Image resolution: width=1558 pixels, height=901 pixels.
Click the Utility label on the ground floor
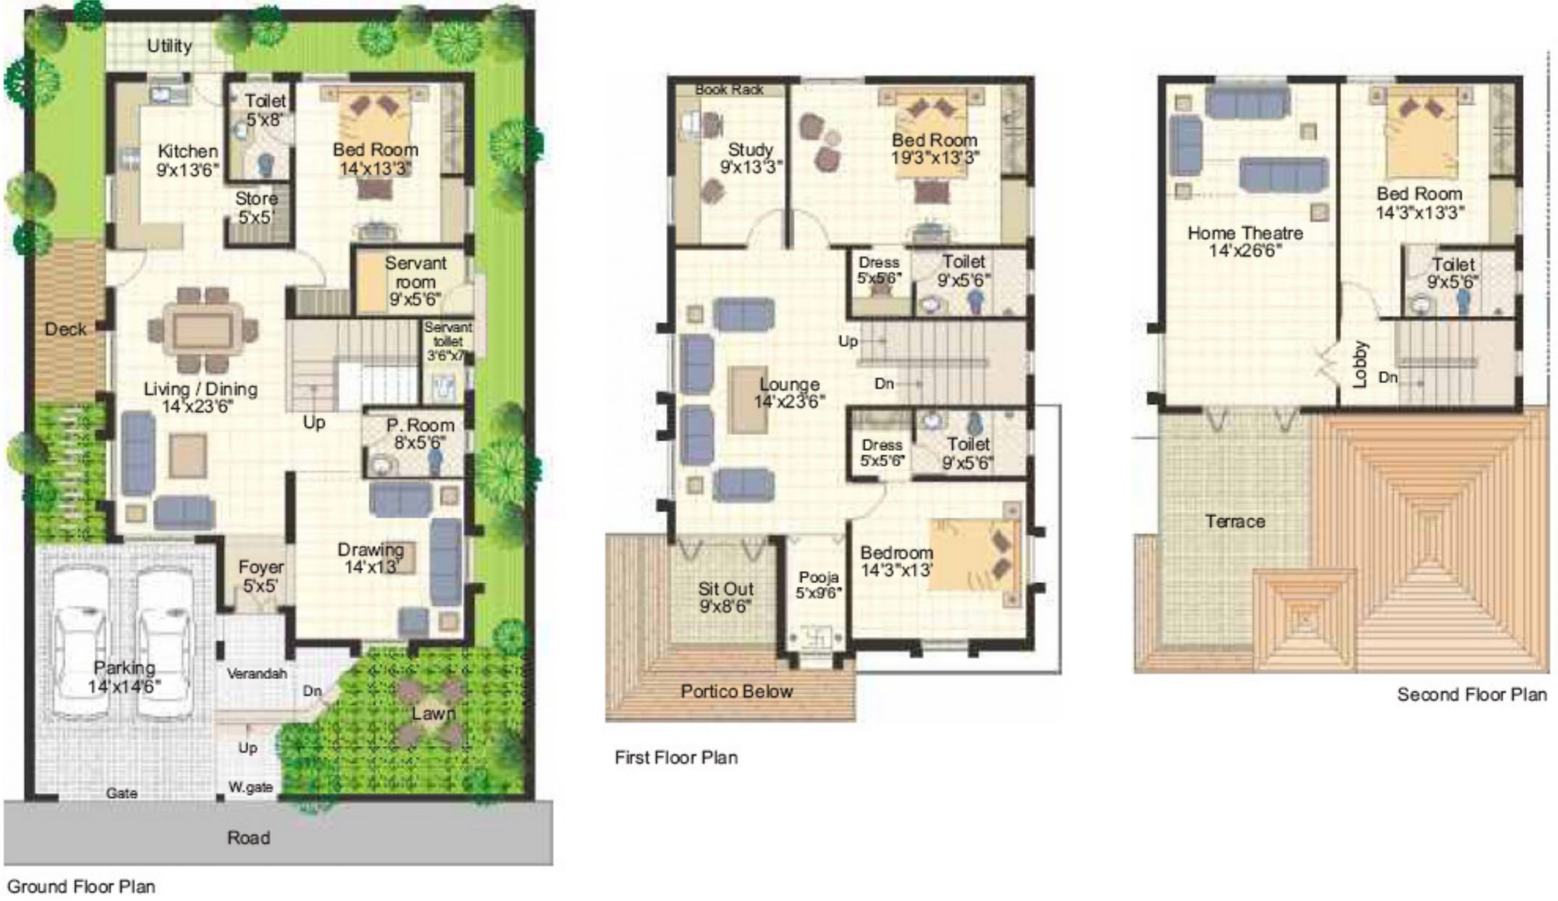point(169,46)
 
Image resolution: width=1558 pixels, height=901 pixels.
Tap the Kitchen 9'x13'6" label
point(188,160)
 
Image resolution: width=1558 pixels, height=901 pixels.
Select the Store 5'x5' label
point(256,208)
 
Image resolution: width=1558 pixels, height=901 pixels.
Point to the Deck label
point(66,329)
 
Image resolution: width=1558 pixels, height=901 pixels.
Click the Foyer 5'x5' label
point(261,576)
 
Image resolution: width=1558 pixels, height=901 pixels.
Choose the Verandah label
point(257,673)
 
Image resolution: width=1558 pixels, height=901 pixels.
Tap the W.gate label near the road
point(250,787)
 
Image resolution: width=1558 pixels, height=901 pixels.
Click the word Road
point(248,838)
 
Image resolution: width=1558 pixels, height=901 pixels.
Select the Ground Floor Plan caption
point(81,887)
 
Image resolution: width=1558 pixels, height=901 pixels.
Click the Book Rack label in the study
point(729,89)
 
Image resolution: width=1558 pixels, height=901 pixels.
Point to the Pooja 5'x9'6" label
point(819,585)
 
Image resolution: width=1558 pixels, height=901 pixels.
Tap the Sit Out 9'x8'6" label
point(726,597)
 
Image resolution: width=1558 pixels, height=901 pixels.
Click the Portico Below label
point(737,692)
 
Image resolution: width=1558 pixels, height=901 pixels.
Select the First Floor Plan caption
point(676,757)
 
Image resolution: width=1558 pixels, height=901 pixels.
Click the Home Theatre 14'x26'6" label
point(1245,241)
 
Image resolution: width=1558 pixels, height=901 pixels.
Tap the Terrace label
point(1235,521)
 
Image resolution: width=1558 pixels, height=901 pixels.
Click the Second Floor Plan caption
point(1472,695)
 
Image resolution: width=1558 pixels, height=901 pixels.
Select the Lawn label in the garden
point(434,713)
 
